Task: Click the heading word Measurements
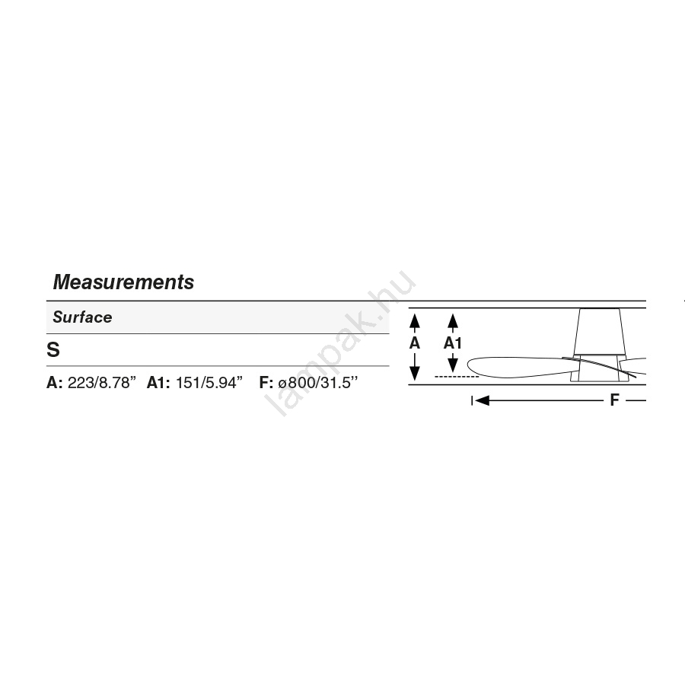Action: (123, 282)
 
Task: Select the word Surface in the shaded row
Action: (82, 317)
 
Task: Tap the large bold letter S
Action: (53, 349)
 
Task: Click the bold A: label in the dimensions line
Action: (55, 383)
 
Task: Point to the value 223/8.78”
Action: (102, 383)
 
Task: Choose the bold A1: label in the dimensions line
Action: (158, 383)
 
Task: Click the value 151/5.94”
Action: (209, 383)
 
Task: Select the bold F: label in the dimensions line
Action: (266, 383)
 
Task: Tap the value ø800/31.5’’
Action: (317, 383)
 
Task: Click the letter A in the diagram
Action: (415, 343)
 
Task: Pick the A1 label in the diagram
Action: (453, 343)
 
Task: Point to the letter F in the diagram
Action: (614, 400)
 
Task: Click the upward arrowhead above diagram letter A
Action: (415, 321)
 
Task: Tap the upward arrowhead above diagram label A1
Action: (453, 321)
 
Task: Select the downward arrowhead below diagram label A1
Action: (453, 365)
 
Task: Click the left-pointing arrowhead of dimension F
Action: (482, 400)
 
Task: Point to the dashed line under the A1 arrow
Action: (457, 377)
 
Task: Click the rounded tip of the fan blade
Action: (469, 365)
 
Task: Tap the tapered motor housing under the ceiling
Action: (600, 331)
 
